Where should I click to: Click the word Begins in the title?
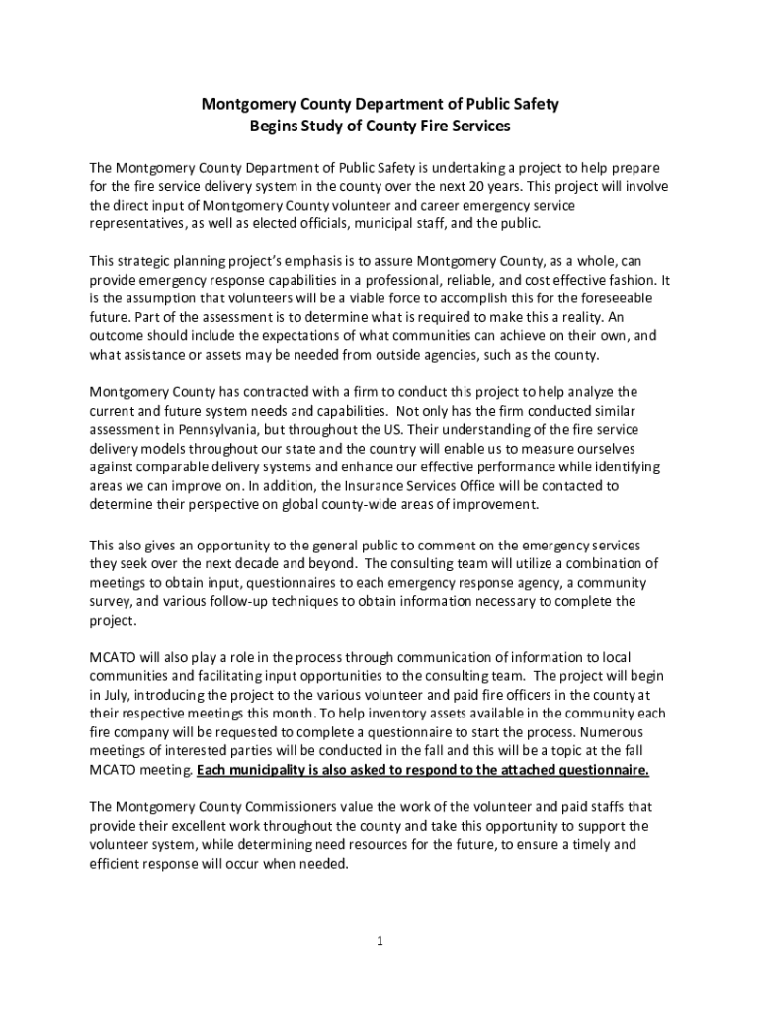(278, 126)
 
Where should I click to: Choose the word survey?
(110, 601)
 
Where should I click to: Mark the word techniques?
(282, 601)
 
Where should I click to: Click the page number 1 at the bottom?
(380, 940)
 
